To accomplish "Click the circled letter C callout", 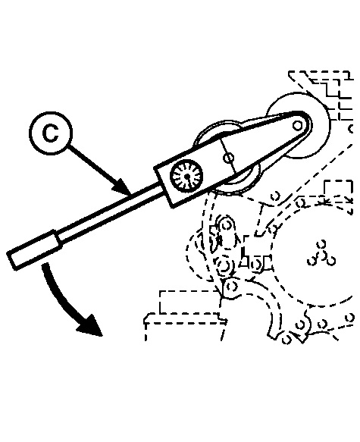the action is [51, 133].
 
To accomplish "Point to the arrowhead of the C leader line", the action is [123, 187].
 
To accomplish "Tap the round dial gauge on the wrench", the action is [186, 176].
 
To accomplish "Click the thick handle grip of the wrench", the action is [35, 250].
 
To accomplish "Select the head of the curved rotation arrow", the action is [89, 325].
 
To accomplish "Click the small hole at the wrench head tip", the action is [296, 125].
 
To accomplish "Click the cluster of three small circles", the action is [321, 254].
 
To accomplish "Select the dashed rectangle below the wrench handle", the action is [188, 303].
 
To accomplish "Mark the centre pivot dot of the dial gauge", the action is [187, 177].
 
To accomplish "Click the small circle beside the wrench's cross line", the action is [228, 158].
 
